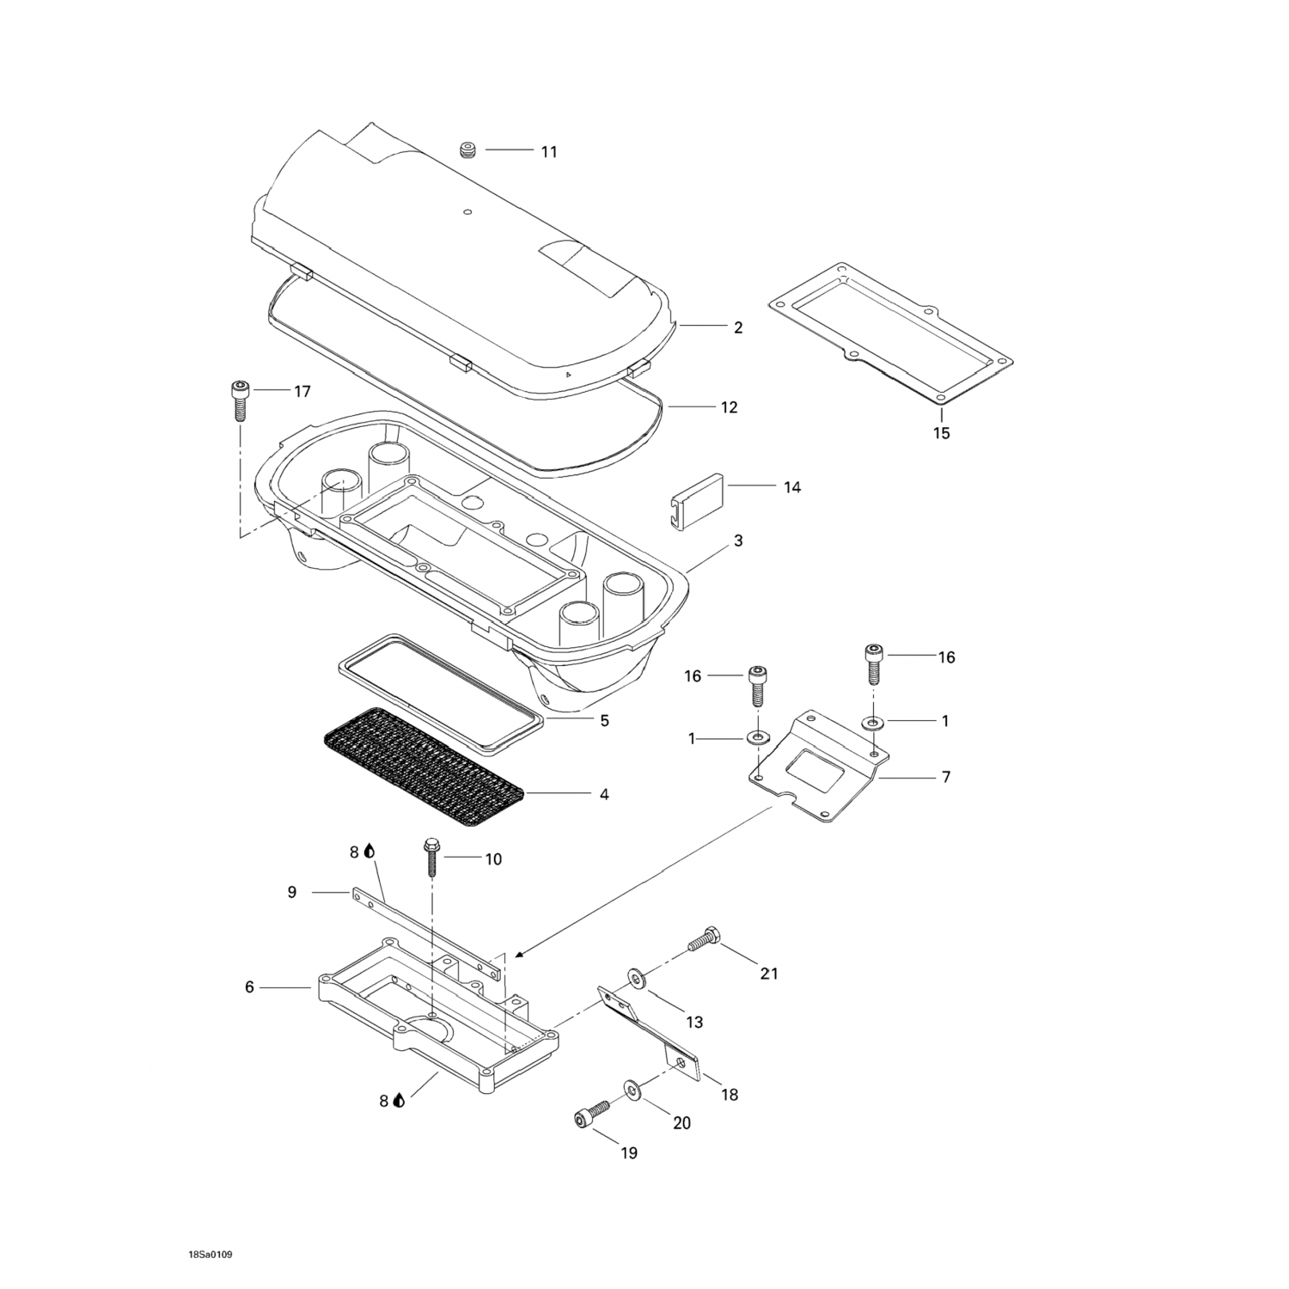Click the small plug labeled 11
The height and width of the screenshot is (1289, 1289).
[x=468, y=151]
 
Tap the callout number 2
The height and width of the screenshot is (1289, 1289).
[x=737, y=327]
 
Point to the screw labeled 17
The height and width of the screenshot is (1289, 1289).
[x=239, y=399]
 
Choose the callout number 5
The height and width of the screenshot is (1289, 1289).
[x=604, y=721]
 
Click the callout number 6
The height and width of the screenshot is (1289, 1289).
[x=249, y=988]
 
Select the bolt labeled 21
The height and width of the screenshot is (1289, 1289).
[x=702, y=939]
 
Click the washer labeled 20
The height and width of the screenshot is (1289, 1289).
[x=632, y=1090]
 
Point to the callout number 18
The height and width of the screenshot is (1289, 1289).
[x=729, y=1095]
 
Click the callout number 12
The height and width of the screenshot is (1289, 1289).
[x=729, y=407]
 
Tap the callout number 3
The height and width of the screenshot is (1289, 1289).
[x=737, y=541]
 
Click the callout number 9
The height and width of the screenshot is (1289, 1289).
[x=292, y=893]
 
